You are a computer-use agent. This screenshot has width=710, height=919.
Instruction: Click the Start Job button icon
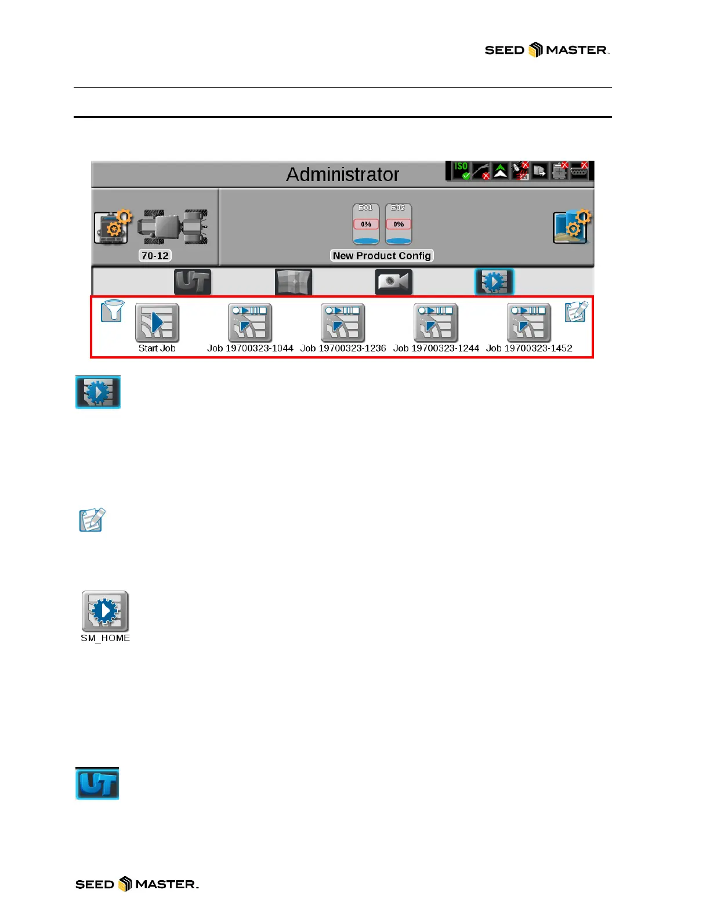coord(157,323)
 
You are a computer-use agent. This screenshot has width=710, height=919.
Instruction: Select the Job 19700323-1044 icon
coord(249,323)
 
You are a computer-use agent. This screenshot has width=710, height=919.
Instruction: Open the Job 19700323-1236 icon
coord(343,323)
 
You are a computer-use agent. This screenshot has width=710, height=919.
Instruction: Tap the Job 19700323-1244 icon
coord(436,323)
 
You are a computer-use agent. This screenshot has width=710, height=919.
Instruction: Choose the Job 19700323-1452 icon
coord(528,323)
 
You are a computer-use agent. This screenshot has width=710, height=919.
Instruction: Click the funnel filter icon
coord(112,311)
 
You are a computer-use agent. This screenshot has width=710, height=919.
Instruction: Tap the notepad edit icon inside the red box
coord(576,312)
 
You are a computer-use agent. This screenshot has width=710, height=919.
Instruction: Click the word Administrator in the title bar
coord(342,174)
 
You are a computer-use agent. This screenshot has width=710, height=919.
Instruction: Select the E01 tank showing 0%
coord(366,224)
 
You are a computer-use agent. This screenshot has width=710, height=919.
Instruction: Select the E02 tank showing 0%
coord(399,224)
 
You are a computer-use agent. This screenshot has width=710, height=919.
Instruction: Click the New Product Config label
coord(382,256)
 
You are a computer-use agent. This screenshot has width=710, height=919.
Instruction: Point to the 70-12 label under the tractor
coord(155,256)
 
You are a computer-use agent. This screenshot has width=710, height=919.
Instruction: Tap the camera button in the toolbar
coord(393,282)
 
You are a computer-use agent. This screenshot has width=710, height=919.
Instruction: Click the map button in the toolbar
coord(294,282)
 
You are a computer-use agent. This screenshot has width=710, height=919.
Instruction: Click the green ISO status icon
coord(462,171)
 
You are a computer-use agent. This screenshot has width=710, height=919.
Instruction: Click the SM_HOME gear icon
coord(105,612)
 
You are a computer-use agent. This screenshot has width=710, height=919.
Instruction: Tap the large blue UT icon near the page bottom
coord(97,783)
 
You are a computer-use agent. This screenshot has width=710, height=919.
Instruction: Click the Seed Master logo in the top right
coord(547,50)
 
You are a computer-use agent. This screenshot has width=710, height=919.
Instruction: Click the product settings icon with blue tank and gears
coord(571,226)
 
